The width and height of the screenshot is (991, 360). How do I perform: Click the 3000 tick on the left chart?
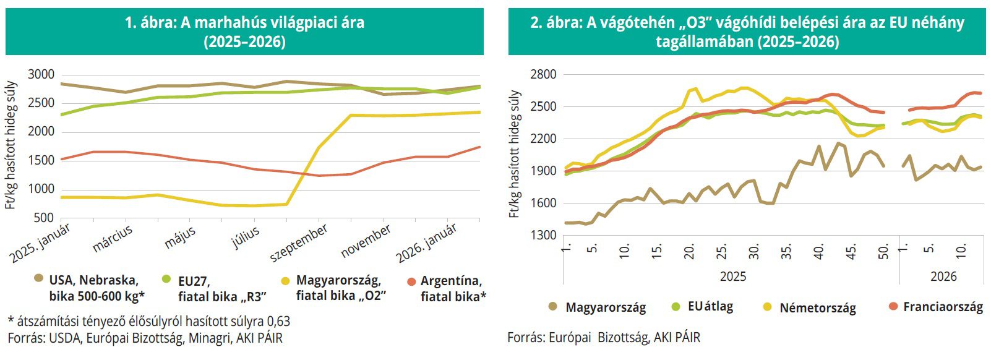pos(41,75)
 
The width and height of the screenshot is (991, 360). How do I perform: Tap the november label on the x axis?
pos(366,241)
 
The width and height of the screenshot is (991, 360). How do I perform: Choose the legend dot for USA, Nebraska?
pos(38,280)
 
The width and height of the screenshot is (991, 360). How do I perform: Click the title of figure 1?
pos(244,32)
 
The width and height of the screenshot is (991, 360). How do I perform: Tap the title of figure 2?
pos(747,32)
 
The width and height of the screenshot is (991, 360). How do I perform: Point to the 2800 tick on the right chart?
pos(544,74)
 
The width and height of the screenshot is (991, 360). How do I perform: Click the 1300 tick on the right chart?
pos(544,235)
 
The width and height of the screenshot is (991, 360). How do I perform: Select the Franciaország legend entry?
pos(942,307)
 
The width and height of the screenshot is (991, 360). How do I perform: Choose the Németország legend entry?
pos(817,307)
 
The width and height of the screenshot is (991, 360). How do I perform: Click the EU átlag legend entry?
pos(710,306)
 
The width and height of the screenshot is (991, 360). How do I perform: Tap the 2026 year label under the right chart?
pos(943,276)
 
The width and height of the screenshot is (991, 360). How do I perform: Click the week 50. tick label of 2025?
pos(883,251)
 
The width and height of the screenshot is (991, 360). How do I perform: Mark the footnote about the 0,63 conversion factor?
pos(148,322)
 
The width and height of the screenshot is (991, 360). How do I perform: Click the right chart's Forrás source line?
pos(604,337)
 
